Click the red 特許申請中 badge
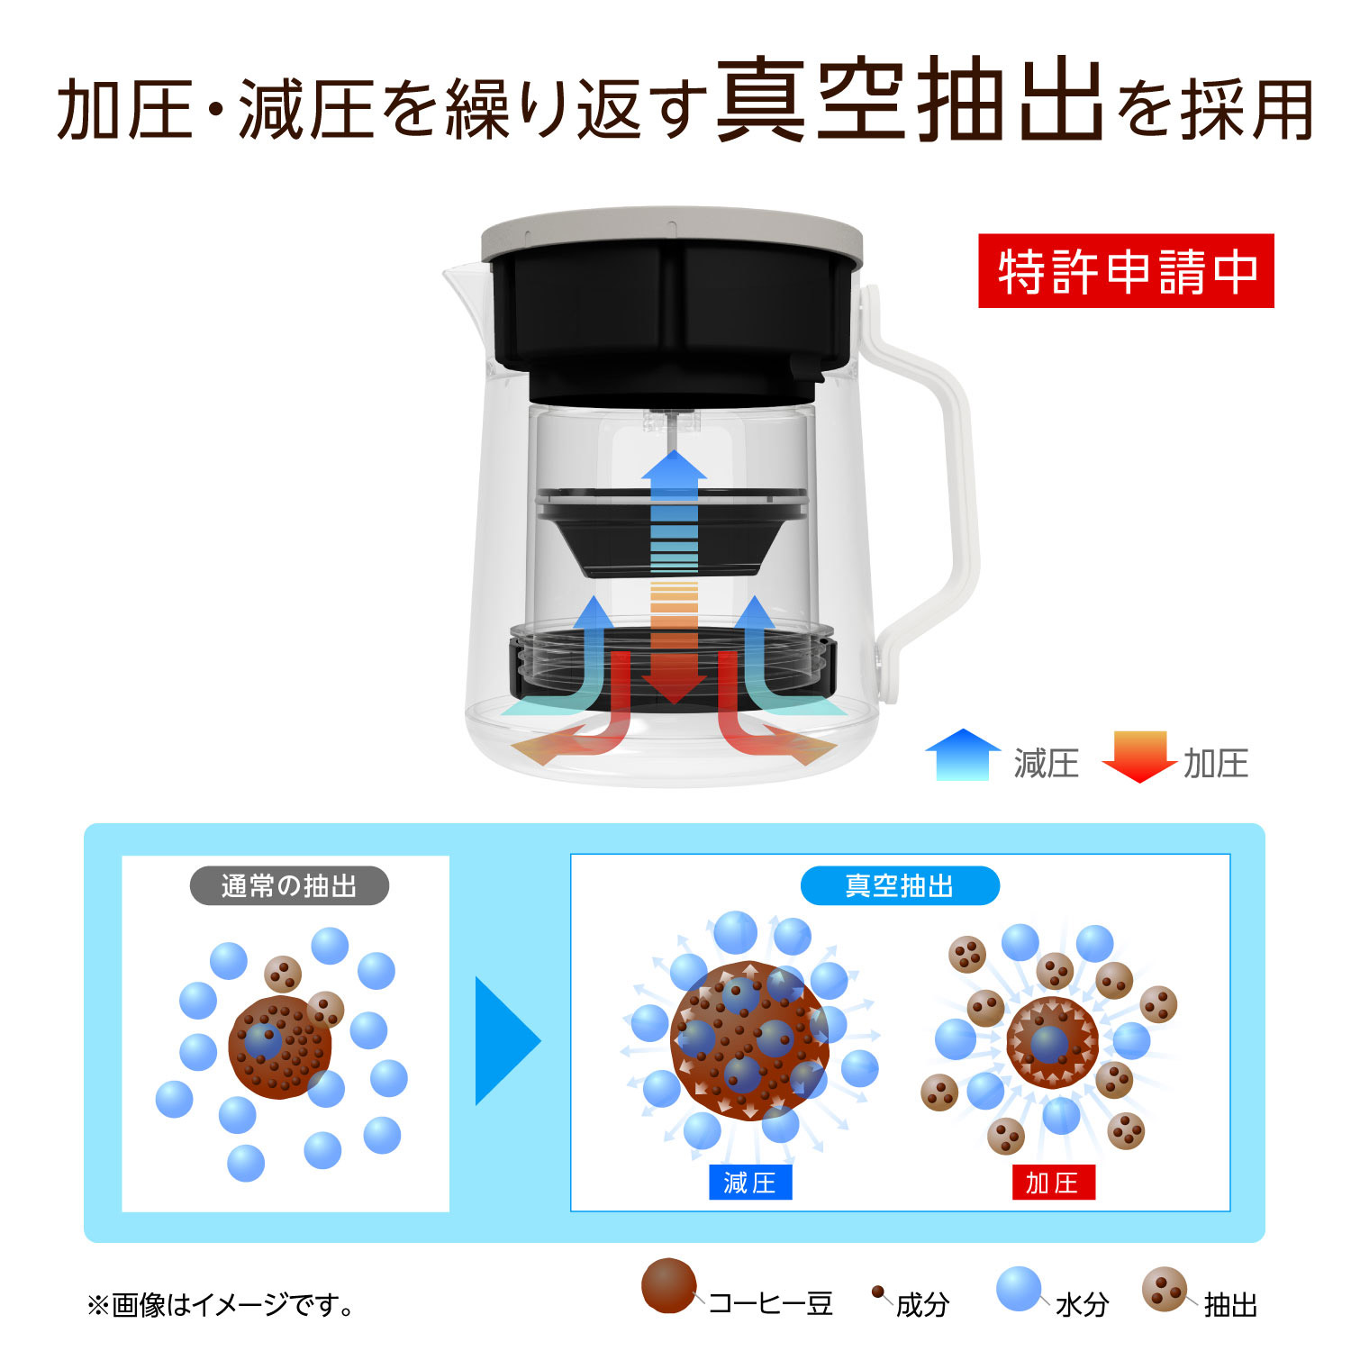(x=1126, y=271)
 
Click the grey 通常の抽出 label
(x=289, y=886)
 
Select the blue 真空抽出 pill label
(x=900, y=886)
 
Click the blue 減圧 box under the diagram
(x=750, y=1183)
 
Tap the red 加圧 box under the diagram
(x=1053, y=1183)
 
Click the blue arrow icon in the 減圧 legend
(x=963, y=754)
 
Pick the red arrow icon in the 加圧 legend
(x=1139, y=757)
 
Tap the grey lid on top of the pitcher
(x=672, y=232)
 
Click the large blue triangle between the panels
(x=508, y=1041)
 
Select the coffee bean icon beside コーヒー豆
(x=669, y=1286)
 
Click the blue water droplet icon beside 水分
(x=1020, y=1289)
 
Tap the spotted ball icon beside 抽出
(x=1165, y=1290)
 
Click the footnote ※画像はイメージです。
(x=222, y=1304)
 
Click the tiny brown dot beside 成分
(x=877, y=1292)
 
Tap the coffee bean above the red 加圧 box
(x=1052, y=1042)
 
